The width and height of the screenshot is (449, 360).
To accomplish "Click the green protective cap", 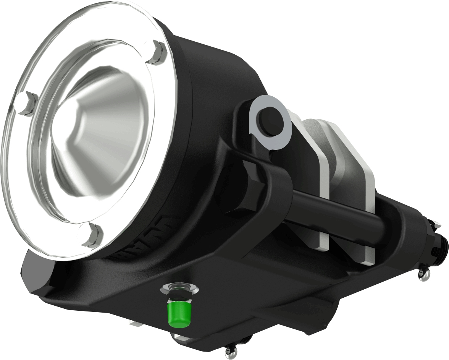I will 179,312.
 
